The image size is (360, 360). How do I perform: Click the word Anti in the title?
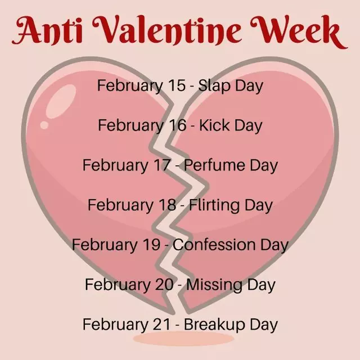click(x=47, y=30)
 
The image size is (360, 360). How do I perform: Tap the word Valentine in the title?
click(x=167, y=30)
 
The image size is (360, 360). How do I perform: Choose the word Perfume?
click(x=214, y=165)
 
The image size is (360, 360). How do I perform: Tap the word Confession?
click(x=214, y=245)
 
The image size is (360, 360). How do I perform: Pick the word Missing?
click(x=214, y=285)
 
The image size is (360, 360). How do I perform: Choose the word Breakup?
click(x=214, y=325)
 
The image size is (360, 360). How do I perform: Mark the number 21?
click(x=161, y=324)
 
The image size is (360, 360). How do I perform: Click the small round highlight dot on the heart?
click(x=44, y=125)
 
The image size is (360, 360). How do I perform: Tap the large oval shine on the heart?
click(x=61, y=101)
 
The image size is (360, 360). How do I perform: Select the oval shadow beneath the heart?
click(x=183, y=338)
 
